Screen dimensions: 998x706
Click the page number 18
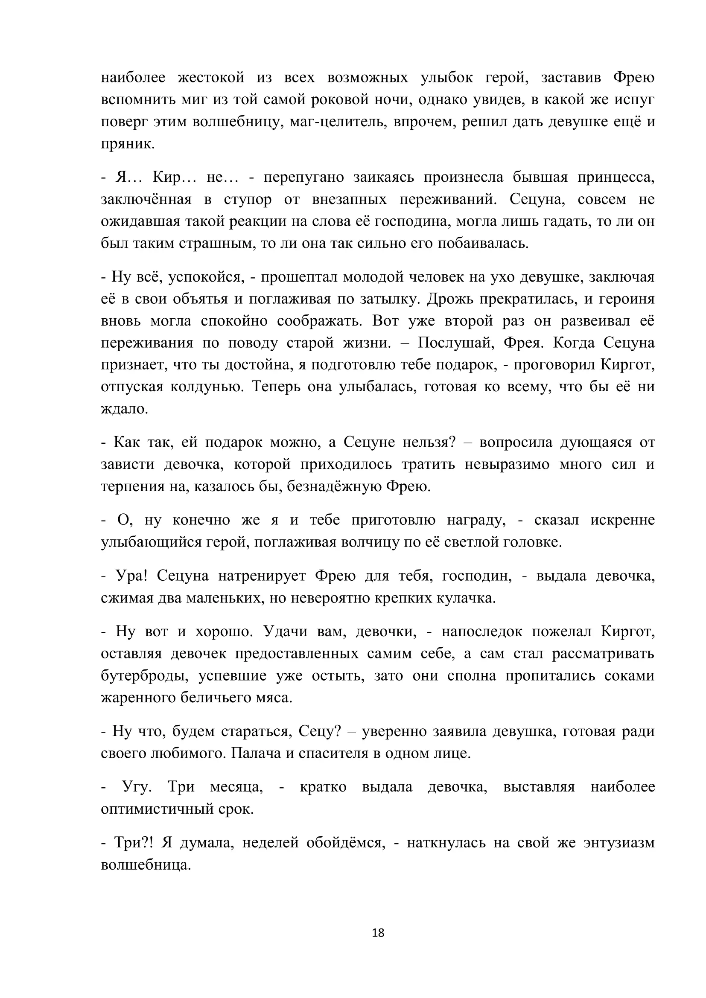pyautogui.click(x=378, y=932)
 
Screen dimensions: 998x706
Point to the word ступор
pyautogui.click(x=248, y=199)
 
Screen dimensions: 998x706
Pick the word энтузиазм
pyautogui.click(x=619, y=842)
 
